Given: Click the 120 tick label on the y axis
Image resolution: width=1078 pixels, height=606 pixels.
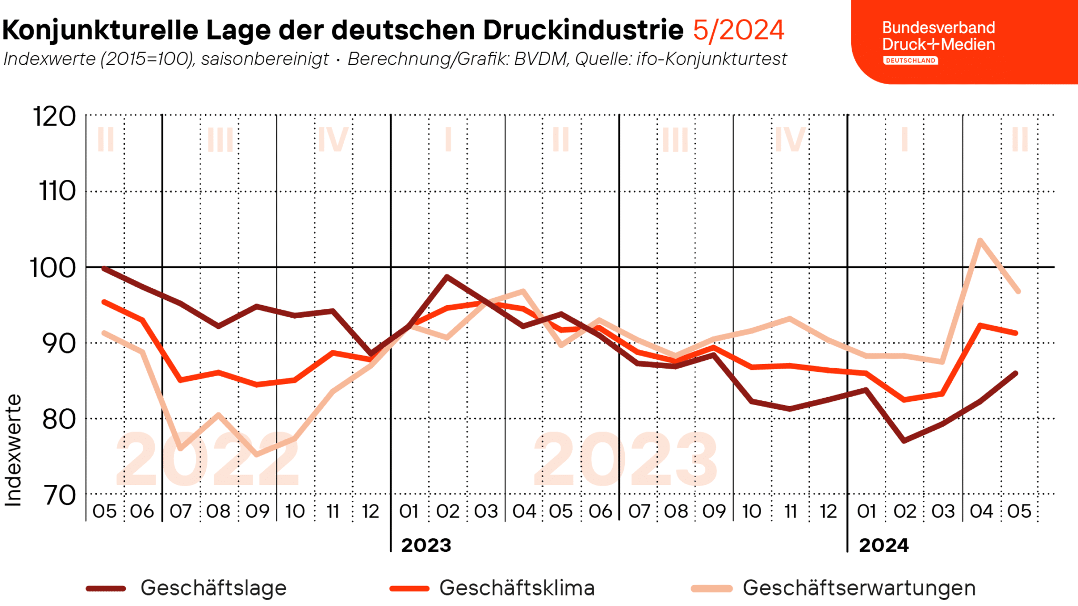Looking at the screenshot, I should click(x=54, y=116).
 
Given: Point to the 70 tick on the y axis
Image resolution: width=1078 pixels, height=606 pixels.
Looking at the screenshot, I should click(x=59, y=495).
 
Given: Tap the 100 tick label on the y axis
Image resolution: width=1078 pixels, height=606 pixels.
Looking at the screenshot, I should click(x=52, y=268).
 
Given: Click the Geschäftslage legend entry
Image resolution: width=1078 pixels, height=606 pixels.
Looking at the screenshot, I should click(x=213, y=588).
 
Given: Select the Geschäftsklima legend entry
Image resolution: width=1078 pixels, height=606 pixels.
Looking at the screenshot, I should click(x=516, y=588).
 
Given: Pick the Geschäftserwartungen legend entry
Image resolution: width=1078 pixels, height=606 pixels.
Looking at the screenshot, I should click(x=859, y=588).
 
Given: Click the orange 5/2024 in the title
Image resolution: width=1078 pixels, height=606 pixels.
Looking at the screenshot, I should click(x=738, y=30).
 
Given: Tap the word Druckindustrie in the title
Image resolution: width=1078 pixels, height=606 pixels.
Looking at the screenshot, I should click(x=583, y=30).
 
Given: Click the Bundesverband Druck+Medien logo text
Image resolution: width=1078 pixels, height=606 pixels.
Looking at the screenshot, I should click(x=938, y=36).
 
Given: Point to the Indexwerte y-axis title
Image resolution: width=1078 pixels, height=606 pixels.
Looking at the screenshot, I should click(x=13, y=450).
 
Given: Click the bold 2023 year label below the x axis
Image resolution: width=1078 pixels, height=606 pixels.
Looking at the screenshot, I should click(x=426, y=545).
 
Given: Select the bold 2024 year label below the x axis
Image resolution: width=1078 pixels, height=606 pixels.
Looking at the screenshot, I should click(x=883, y=545).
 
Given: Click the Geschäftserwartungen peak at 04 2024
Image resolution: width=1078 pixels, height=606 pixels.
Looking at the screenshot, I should click(x=980, y=240).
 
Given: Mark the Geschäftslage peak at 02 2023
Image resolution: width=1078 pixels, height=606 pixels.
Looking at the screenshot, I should click(x=447, y=276).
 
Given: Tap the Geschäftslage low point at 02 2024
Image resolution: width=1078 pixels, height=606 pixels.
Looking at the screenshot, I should click(x=904, y=440).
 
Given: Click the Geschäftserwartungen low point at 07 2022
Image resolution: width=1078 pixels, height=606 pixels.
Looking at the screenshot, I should click(x=181, y=448).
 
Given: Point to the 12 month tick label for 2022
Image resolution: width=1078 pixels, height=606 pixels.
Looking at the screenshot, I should click(x=371, y=511).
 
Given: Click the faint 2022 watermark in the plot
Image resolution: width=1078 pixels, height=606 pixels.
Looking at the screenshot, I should click(x=207, y=459).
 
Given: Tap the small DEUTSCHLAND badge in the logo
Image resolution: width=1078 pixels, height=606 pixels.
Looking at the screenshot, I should click(x=910, y=60).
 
